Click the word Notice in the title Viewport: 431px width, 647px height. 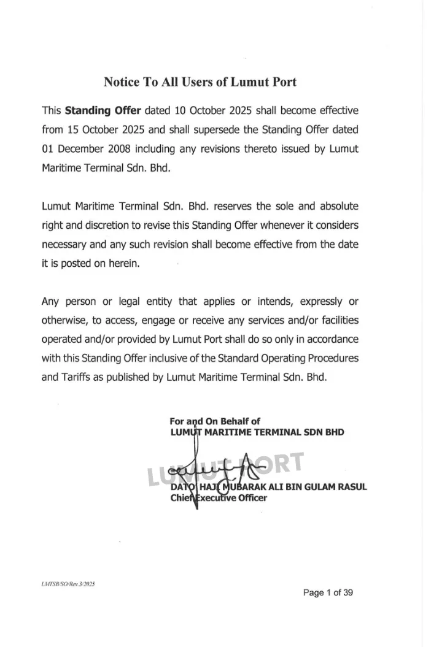[x=122, y=82]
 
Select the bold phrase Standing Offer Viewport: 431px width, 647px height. [x=103, y=111]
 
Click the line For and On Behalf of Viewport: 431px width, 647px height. [x=215, y=421]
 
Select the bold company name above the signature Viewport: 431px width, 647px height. [x=257, y=432]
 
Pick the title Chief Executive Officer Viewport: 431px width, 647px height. [x=219, y=497]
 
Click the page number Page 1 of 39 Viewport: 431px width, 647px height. [x=328, y=592]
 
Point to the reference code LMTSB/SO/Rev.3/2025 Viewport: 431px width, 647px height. [x=68, y=584]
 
